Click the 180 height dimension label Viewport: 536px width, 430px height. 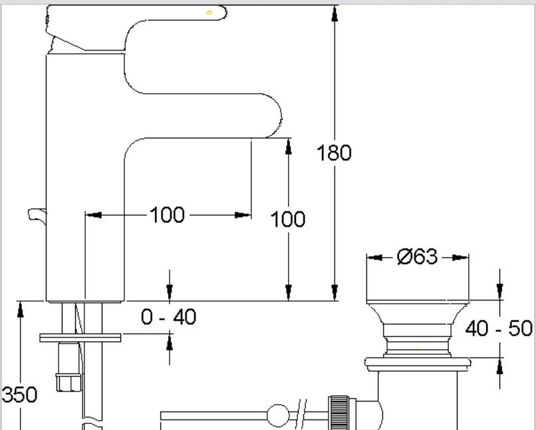pos(334,153)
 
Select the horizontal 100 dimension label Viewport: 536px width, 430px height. pos(167,215)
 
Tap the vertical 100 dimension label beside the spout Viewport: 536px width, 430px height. pos(288,219)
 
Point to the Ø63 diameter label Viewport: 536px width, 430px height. pos(417,257)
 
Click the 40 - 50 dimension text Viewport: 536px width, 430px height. pos(499,328)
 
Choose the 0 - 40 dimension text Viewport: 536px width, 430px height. pos(168,316)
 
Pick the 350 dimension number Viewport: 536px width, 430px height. pos(19,395)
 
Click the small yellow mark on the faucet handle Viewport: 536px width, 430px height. pos(209,13)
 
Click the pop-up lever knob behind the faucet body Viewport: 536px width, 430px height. pos(37,215)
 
